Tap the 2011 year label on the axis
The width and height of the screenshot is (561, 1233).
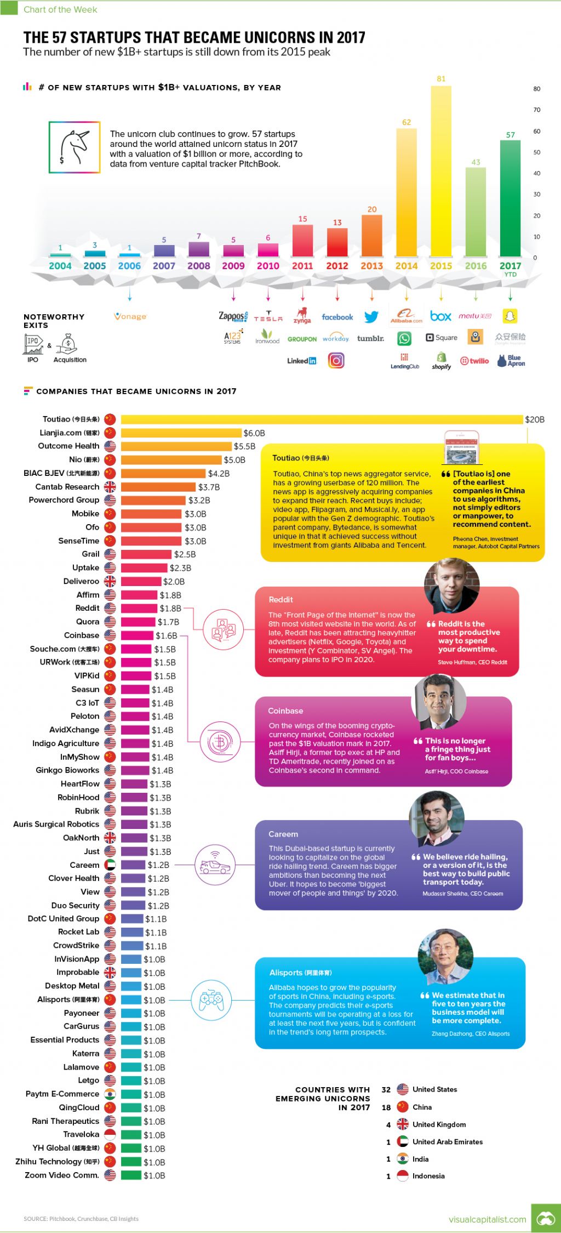(x=302, y=266)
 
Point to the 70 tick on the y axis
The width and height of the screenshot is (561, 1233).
(x=536, y=110)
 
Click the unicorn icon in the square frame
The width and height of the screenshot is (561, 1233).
(x=75, y=147)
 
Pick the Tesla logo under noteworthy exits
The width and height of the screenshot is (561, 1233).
(x=268, y=317)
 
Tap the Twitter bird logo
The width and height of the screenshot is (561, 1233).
(x=371, y=317)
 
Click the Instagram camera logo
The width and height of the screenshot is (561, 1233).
(x=336, y=360)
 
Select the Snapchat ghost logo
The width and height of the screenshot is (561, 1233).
(x=510, y=316)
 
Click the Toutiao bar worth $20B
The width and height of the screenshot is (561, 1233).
(x=322, y=419)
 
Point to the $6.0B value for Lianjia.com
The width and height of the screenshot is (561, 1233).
(x=254, y=433)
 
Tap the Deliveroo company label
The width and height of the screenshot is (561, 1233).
(x=81, y=581)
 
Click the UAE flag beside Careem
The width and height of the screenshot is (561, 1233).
(x=110, y=865)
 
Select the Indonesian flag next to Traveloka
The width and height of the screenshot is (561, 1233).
(x=110, y=1135)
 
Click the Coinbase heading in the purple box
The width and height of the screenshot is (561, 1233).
(x=285, y=711)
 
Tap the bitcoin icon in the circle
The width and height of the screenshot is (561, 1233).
(x=220, y=742)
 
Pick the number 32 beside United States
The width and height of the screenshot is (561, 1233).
(x=386, y=1089)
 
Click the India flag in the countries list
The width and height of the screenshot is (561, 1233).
(x=403, y=1159)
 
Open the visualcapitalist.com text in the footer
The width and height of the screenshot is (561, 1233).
(x=487, y=1219)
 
